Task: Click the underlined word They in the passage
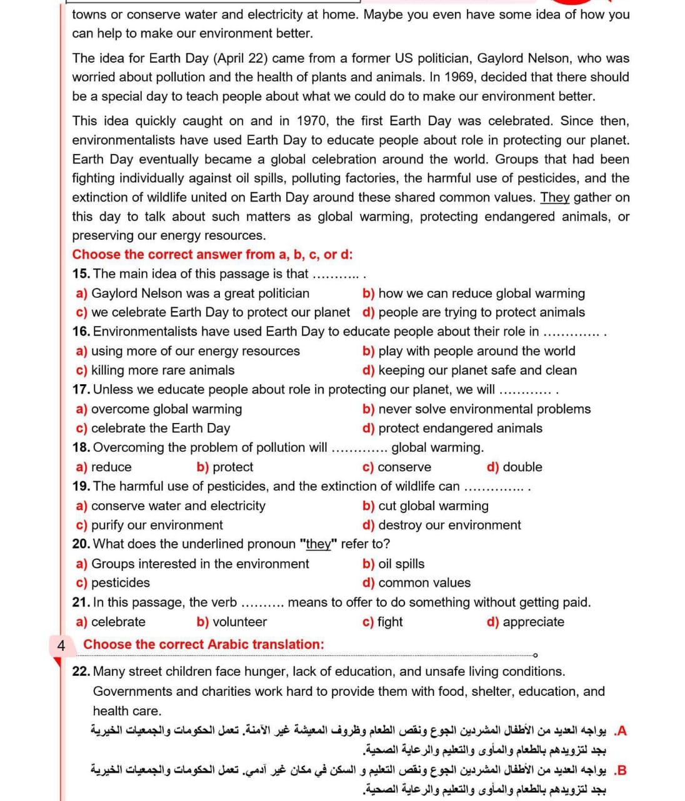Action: [x=554, y=197]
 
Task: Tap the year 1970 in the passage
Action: [x=312, y=121]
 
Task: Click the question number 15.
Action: [x=81, y=273]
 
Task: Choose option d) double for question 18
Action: [x=514, y=467]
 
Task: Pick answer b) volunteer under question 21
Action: [x=231, y=621]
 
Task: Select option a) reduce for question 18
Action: [x=104, y=467]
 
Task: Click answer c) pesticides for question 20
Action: [x=113, y=583]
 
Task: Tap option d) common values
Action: [x=416, y=583]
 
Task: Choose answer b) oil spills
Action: [x=393, y=564]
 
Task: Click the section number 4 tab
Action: [x=61, y=645]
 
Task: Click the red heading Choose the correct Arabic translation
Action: [x=204, y=644]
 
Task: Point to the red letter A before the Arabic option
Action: [x=621, y=731]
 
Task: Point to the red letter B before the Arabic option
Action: [x=621, y=770]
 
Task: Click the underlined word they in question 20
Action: [x=318, y=544]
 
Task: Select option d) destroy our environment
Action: [x=441, y=525]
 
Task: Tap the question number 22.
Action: [x=81, y=671]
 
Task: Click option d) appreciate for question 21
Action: [x=525, y=621]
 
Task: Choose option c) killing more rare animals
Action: [x=155, y=370]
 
